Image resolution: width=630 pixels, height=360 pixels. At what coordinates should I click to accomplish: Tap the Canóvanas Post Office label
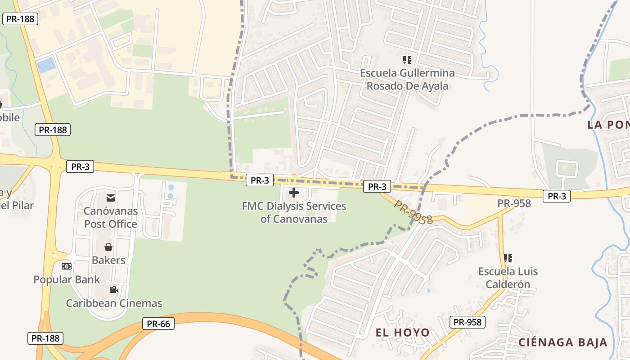(x=110, y=217)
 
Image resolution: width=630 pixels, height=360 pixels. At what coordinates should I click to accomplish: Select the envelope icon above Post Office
(x=110, y=198)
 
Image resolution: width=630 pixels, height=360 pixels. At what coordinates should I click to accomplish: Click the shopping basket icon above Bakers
(x=108, y=247)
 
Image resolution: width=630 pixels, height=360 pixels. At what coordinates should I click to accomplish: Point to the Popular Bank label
(x=67, y=279)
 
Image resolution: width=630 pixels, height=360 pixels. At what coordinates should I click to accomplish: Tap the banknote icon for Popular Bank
(x=67, y=266)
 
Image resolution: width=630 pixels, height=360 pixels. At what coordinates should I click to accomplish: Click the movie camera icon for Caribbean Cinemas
(x=113, y=289)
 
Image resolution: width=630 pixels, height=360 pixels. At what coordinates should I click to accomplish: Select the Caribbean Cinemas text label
(x=114, y=303)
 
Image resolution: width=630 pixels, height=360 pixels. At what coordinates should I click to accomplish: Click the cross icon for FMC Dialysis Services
(x=294, y=193)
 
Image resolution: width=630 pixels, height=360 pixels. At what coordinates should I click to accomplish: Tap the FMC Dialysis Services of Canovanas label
(x=294, y=213)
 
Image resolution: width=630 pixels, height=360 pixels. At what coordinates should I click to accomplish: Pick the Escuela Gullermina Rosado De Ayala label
(x=407, y=79)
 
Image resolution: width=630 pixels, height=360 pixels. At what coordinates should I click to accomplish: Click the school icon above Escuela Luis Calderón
(x=508, y=258)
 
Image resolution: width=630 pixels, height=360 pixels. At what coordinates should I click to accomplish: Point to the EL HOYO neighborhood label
(x=402, y=333)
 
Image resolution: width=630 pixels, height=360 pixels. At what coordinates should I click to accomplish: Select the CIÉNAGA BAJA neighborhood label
(x=563, y=342)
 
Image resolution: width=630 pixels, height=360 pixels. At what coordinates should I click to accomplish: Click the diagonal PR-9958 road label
(x=414, y=212)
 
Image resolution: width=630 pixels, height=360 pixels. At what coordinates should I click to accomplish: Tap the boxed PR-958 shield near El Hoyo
(x=467, y=322)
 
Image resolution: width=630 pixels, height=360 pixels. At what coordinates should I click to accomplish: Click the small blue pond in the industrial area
(x=47, y=66)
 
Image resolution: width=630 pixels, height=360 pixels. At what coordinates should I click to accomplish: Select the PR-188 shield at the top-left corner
(x=20, y=19)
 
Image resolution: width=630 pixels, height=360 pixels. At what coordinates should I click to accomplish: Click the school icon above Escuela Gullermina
(x=407, y=59)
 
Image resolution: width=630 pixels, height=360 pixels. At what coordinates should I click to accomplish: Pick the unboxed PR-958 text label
(x=514, y=203)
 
